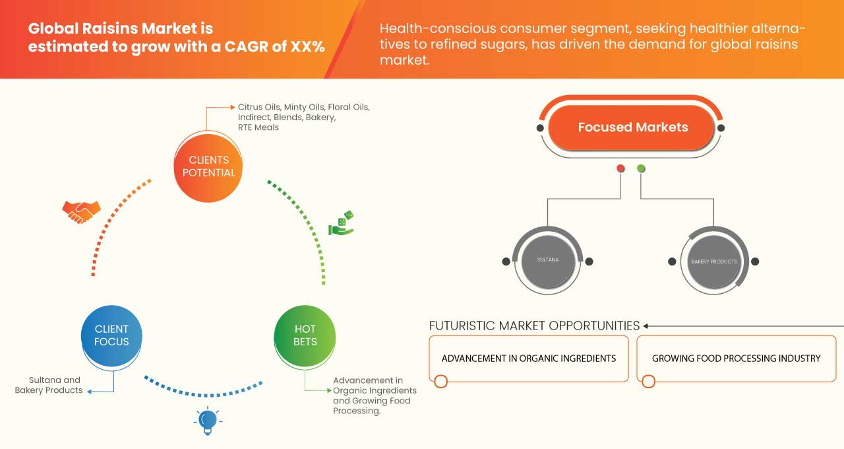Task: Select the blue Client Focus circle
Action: [x=111, y=335]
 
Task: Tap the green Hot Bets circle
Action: [x=305, y=335]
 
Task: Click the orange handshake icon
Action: [x=81, y=211]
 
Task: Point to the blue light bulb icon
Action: [x=208, y=421]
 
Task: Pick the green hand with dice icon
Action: [x=341, y=224]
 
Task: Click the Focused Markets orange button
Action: [x=632, y=127]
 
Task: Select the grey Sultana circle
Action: [x=547, y=260]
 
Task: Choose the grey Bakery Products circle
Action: [x=713, y=261]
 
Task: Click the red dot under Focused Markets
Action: [x=620, y=169]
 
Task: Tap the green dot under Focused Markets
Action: [x=642, y=169]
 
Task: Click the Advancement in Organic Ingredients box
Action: [x=528, y=359]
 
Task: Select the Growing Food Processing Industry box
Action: [x=736, y=359]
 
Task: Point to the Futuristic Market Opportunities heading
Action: [x=534, y=326]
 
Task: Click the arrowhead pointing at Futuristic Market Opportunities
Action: [x=646, y=326]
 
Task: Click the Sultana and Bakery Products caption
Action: [x=49, y=385]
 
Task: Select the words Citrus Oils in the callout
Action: [x=259, y=107]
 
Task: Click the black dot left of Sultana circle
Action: [x=506, y=261]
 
